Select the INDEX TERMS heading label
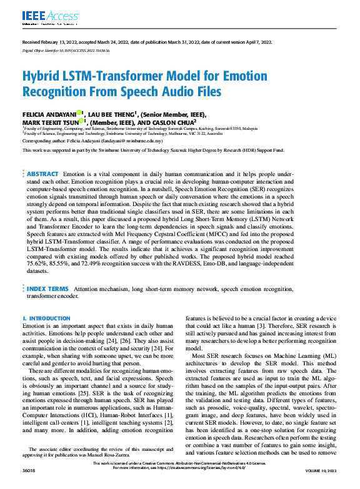(x=47, y=289)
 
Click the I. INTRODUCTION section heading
(x=46, y=319)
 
